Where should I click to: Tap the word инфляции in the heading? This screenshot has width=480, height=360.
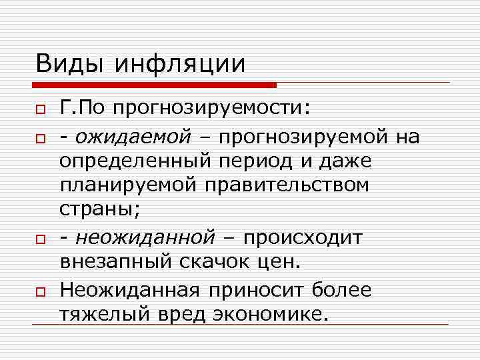point(181,64)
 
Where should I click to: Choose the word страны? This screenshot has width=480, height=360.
point(100,209)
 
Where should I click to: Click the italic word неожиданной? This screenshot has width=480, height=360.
point(145,237)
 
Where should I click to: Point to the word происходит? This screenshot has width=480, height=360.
point(304,237)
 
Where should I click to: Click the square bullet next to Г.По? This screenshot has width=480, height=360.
point(40,109)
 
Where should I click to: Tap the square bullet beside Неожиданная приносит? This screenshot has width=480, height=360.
point(40,290)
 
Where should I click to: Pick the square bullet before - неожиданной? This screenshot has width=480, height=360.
point(40,238)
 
